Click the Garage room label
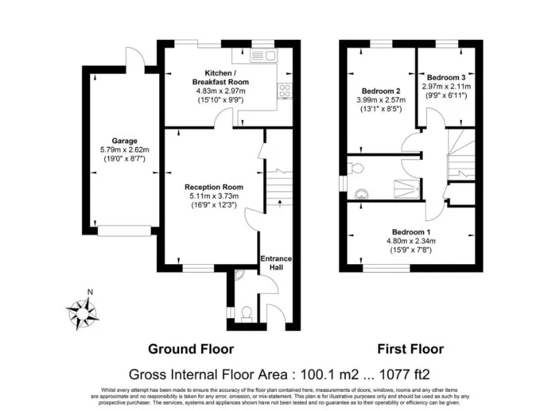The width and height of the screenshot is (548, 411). pos(123,141)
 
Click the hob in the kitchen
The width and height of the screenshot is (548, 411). pos(285,91)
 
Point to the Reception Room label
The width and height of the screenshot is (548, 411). pos(211,187)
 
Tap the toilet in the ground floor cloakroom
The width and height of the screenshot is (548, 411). pos(248,313)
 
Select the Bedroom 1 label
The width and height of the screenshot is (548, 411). pos(411,232)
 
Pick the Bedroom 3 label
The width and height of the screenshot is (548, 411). pos(446,77)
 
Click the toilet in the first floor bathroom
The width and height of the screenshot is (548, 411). pos(357,168)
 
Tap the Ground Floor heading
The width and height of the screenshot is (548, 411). pos(191,349)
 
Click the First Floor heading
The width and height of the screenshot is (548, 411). pos(410,349)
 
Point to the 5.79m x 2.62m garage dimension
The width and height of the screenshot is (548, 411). pos(123,151)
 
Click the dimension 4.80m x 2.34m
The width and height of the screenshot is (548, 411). pos(411,241)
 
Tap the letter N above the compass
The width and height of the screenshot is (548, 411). pos(89,292)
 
